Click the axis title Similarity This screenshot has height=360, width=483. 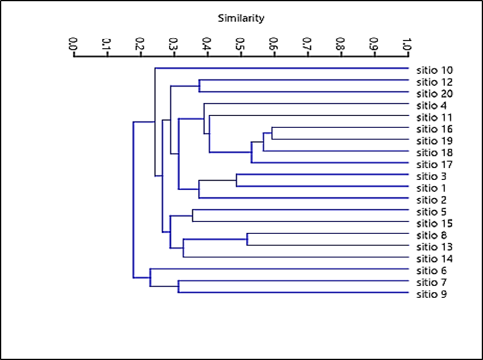241,18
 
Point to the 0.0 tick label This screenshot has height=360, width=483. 73,45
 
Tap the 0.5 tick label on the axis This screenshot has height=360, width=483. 240,45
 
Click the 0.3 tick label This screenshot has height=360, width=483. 173,45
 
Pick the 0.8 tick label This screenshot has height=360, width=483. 340,45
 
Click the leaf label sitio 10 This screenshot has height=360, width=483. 434,70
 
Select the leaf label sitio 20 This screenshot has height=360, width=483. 434,93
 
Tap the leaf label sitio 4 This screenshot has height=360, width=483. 432,105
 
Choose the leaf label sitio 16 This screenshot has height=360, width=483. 434,129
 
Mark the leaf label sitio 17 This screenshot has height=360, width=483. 434,164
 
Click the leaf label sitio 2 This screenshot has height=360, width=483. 432,199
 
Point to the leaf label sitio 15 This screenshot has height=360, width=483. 434,223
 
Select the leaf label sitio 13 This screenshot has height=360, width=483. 434,247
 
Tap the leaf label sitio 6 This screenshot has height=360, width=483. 432,270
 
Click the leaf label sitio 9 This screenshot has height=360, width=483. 432,294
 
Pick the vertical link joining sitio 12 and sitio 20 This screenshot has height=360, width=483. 199,87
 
